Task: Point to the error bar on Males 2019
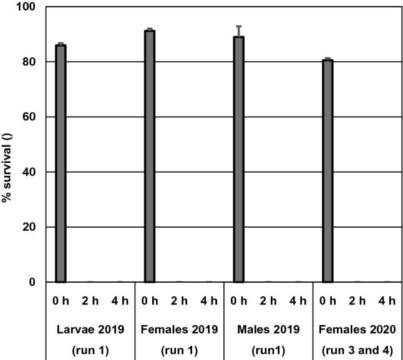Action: click(x=238, y=31)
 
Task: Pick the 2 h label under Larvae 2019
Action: click(x=90, y=301)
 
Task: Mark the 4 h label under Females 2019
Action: click(x=209, y=301)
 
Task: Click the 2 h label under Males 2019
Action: click(x=268, y=301)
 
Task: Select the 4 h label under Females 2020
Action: click(x=387, y=301)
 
